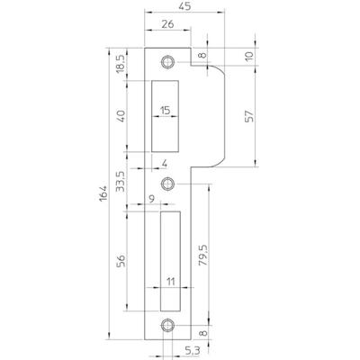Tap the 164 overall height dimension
[x=103, y=192]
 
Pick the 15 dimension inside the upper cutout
[x=167, y=110]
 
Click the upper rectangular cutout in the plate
[x=168, y=114]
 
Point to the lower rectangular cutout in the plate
[x=168, y=261]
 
